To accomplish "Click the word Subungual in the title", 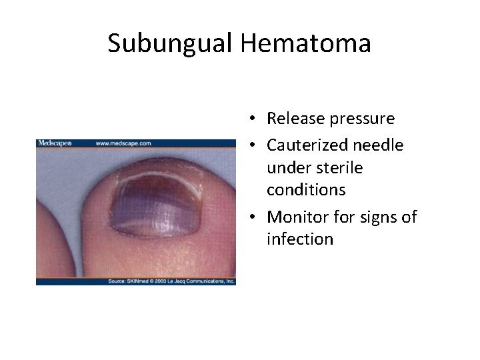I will coord(170,44).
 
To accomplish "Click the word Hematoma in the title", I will coord(306,44).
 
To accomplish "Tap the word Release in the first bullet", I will coord(295,119).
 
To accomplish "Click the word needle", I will coord(379,145).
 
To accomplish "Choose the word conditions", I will coord(306,190).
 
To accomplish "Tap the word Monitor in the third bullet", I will coord(297,217).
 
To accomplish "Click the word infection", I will coord(299,239).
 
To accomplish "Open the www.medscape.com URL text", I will coord(123,143).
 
